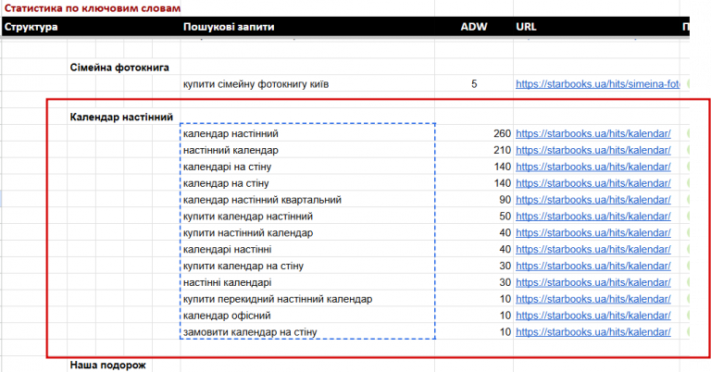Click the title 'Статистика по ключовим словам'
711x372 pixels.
[x=93, y=8]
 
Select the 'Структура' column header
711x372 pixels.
[x=31, y=27]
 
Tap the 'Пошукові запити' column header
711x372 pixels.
[x=229, y=27]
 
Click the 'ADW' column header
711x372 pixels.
[x=474, y=27]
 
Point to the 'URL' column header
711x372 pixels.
[x=526, y=27]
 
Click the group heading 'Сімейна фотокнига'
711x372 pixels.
[x=119, y=68]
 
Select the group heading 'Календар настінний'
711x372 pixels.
[x=121, y=118]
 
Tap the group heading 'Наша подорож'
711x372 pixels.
[x=108, y=366]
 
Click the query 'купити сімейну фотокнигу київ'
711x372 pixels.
[x=256, y=84]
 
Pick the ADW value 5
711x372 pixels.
[x=474, y=84]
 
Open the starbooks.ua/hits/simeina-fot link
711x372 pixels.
[x=598, y=84]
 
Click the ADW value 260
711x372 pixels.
[x=502, y=133]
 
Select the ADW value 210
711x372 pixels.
[x=502, y=150]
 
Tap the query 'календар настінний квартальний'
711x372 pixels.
[x=262, y=200]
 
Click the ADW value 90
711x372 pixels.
[x=505, y=200]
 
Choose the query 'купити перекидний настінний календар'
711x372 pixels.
[x=278, y=299]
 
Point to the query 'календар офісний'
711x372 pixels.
[x=227, y=316]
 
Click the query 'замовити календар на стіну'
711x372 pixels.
[x=250, y=332]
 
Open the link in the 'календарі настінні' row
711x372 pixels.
[x=593, y=250]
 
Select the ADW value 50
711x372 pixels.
[x=505, y=217]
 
